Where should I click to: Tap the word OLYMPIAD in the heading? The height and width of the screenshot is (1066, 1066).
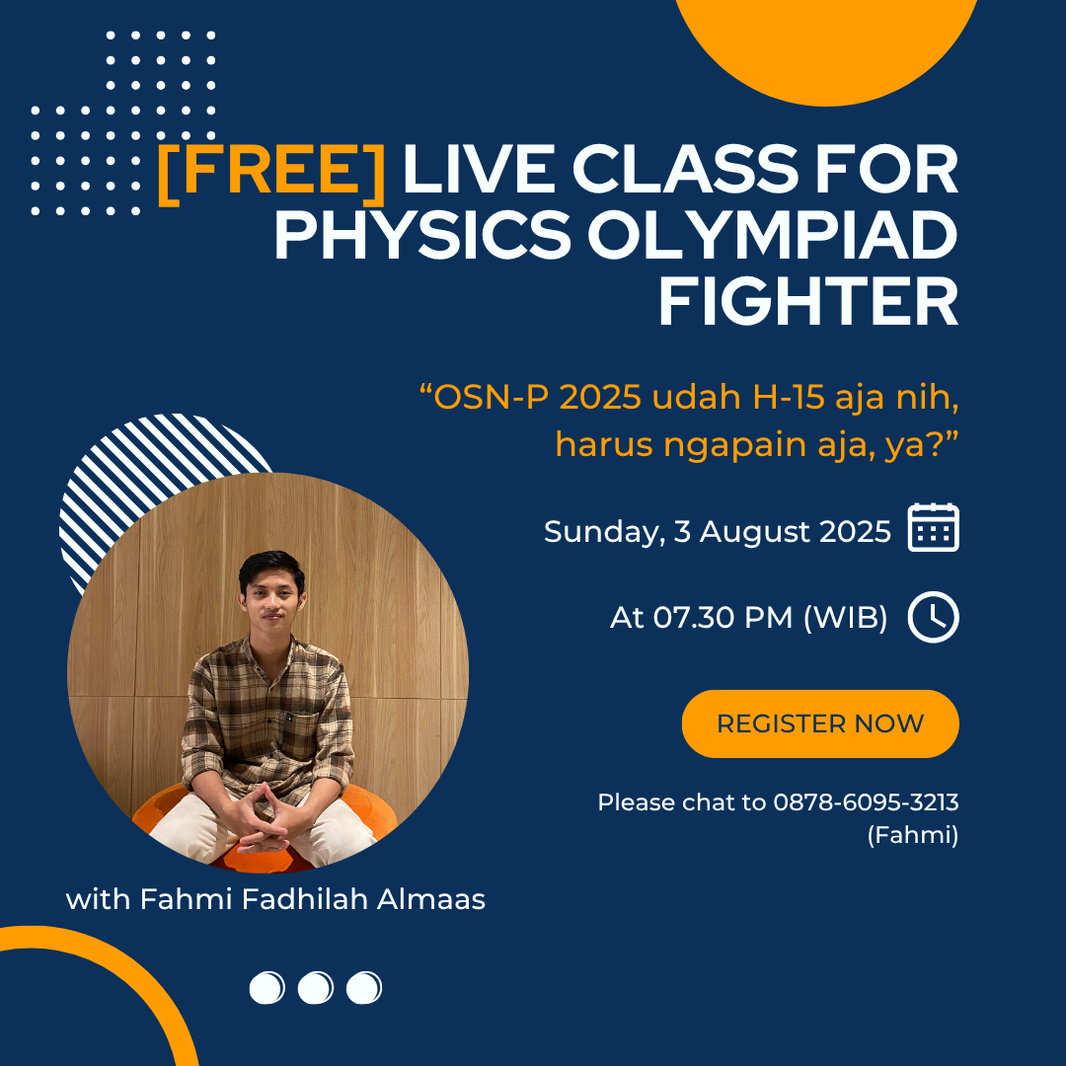point(772,235)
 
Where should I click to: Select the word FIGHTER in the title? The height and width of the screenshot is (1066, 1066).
point(808,301)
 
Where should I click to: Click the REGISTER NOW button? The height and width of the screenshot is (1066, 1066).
point(820,723)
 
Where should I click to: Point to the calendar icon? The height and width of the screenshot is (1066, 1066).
point(933,527)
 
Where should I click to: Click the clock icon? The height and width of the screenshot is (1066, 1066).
point(933,617)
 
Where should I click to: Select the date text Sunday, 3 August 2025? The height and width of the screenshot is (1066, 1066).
point(718,532)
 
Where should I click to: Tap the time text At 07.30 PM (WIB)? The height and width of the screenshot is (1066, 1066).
point(748,617)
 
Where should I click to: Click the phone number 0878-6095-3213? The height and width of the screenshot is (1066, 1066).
point(866,802)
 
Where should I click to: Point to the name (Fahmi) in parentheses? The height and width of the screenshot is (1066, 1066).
point(913,835)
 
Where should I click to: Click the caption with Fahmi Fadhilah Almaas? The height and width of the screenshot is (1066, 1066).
point(275,899)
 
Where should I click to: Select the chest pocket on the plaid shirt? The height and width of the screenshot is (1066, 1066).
point(297,726)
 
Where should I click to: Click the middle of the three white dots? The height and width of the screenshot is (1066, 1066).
point(316,988)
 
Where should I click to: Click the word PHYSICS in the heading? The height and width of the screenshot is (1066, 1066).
point(422,235)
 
